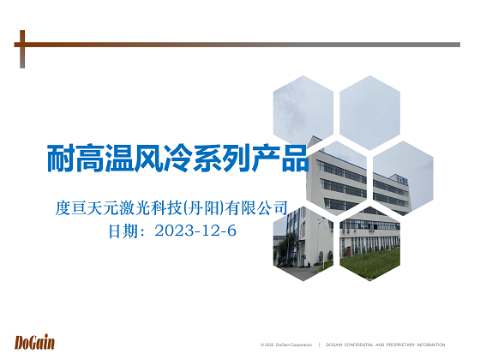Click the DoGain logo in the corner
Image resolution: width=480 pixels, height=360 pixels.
coord(34,343)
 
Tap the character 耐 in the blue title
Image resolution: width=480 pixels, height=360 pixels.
coord(61,159)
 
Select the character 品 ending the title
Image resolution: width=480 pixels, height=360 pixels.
coord(296,159)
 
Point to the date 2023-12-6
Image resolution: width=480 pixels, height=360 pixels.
coord(195,231)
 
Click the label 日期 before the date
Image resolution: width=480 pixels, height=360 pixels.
coord(123,231)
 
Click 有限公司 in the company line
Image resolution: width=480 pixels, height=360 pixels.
coord(256,208)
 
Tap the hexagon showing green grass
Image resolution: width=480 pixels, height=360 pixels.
coord(369,243)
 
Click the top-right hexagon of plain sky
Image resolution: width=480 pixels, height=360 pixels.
coord(369,112)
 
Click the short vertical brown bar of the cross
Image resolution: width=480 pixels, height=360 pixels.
coord(22,49)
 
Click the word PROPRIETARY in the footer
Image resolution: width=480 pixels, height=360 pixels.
coord(400,345)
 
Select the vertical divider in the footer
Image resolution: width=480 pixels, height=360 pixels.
coord(319,345)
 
